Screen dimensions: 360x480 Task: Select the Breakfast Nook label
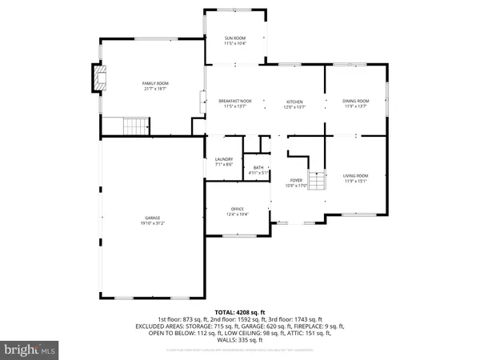click(x=235, y=101)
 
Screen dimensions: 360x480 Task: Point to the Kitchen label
click(x=295, y=102)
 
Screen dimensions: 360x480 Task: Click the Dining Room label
click(x=355, y=101)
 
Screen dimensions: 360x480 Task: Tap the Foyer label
click(x=296, y=180)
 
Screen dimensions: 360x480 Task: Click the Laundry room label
click(x=224, y=159)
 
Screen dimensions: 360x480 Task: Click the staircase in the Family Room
click(x=136, y=126)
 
